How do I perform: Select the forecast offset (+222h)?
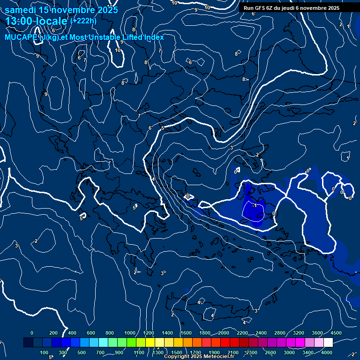tap(83, 21)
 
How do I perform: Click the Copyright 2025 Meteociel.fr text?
tap(199, 357)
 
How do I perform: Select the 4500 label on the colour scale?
tap(336, 333)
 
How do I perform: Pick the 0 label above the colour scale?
tap(32, 333)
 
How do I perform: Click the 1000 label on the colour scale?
tap(129, 333)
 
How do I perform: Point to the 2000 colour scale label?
tap(224, 333)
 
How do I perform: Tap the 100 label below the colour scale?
tap(44, 352)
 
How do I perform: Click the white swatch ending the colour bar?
tap(328, 343)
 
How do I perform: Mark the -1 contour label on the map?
tap(255, 206)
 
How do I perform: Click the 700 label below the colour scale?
tap(100, 352)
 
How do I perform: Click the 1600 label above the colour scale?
tap(186, 333)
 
